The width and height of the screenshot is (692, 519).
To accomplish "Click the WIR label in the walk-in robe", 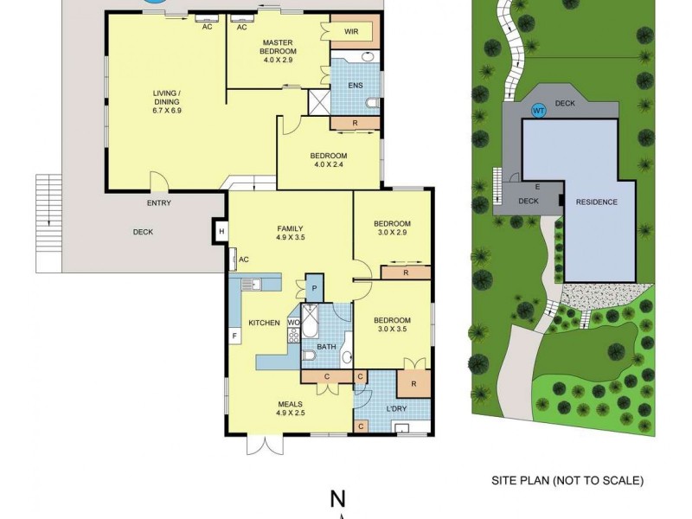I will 351,32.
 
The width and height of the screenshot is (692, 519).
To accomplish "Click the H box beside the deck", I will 221,231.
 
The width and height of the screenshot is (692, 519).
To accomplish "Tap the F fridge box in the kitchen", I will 234,336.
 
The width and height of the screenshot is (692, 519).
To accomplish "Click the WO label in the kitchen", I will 292,323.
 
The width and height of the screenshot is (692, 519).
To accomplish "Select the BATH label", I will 325,347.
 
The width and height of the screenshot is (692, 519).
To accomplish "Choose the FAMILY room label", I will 290,234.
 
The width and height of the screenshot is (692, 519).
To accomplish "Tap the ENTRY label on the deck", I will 159,203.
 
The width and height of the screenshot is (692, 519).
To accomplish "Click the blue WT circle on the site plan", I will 539,111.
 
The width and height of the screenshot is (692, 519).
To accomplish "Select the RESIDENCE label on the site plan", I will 597,202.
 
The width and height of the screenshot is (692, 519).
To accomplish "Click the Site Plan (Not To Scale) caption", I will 567,480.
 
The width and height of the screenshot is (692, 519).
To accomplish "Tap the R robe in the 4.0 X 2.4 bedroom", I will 356,124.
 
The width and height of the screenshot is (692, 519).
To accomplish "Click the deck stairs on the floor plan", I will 48,221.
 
